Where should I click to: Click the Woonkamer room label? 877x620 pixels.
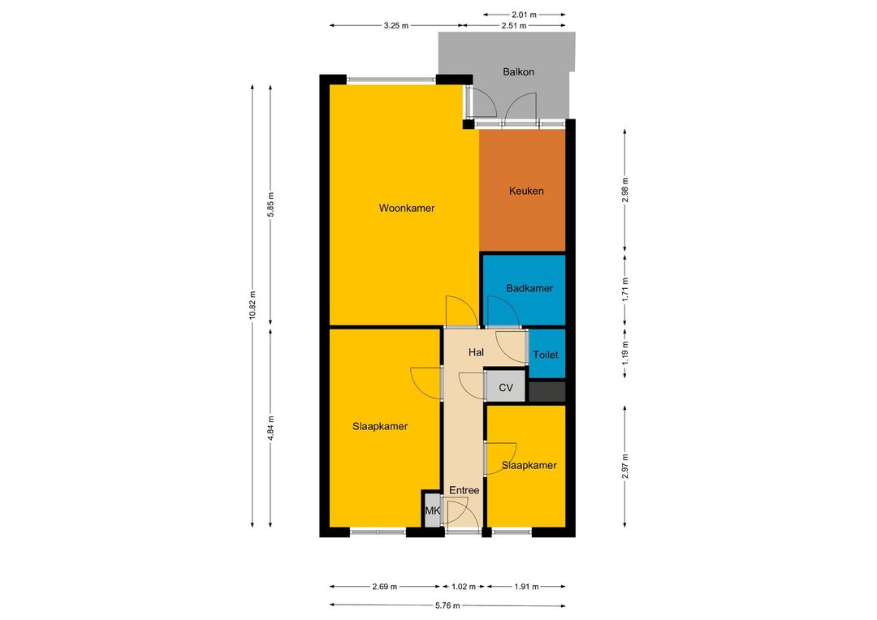coord(407,208)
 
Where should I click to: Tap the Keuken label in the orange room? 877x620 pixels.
coord(526,191)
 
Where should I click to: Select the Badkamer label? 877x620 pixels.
coord(529,288)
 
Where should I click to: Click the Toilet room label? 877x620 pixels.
coord(546,355)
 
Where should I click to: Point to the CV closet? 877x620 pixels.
coord(506,387)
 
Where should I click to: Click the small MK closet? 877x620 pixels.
coord(432,510)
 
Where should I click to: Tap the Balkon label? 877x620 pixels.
coord(518,71)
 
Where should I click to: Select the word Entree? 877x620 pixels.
coord(464,490)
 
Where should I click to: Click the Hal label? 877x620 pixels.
coord(476,352)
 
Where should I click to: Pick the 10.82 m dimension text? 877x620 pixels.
coord(253,304)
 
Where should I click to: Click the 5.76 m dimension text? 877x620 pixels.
coord(447,605)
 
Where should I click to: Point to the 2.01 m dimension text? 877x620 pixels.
coord(524,15)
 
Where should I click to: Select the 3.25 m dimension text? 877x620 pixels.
coord(396,25)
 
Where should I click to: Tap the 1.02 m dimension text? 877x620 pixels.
coord(463,587)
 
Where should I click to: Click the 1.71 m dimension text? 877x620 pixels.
coord(624,289)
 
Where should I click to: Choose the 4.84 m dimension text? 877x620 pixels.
coord(270,428)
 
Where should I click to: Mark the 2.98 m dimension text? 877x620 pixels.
coord(624,190)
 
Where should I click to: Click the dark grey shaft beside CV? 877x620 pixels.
coord(547,391)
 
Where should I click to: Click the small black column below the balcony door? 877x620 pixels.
coord(469,124)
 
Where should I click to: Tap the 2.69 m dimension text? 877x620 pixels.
coord(384,587)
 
